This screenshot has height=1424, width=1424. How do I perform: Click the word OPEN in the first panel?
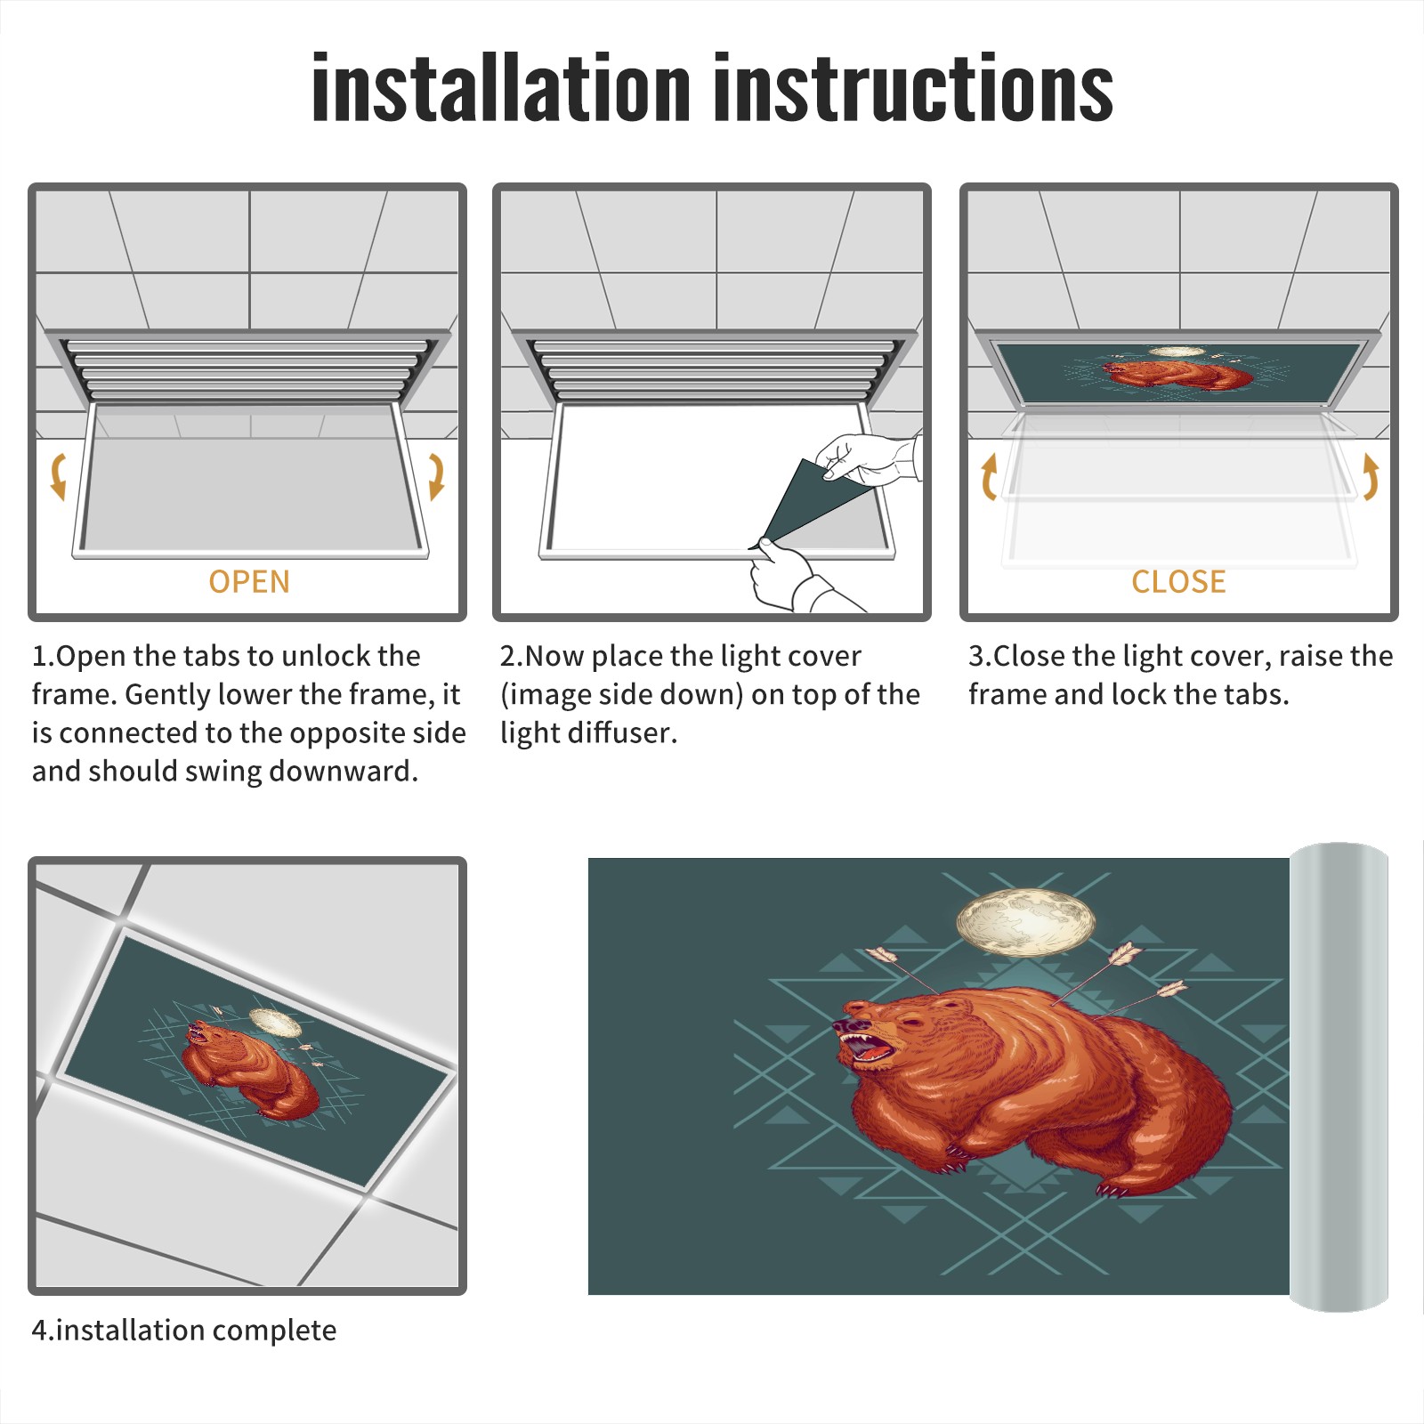click(x=249, y=582)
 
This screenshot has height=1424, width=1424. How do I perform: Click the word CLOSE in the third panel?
click(x=1178, y=582)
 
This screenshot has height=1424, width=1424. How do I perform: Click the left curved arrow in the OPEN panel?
click(x=58, y=476)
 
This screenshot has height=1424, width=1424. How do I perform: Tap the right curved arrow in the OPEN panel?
click(x=436, y=476)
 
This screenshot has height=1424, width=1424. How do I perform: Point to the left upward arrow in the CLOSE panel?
click(x=989, y=476)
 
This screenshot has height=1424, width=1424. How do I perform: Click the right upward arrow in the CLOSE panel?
click(x=1371, y=476)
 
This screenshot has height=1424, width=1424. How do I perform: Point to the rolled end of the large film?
click(x=1339, y=1077)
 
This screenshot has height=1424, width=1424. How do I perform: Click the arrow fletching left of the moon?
click(x=881, y=955)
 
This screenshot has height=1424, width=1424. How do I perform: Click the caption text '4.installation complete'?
click(x=184, y=1331)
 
